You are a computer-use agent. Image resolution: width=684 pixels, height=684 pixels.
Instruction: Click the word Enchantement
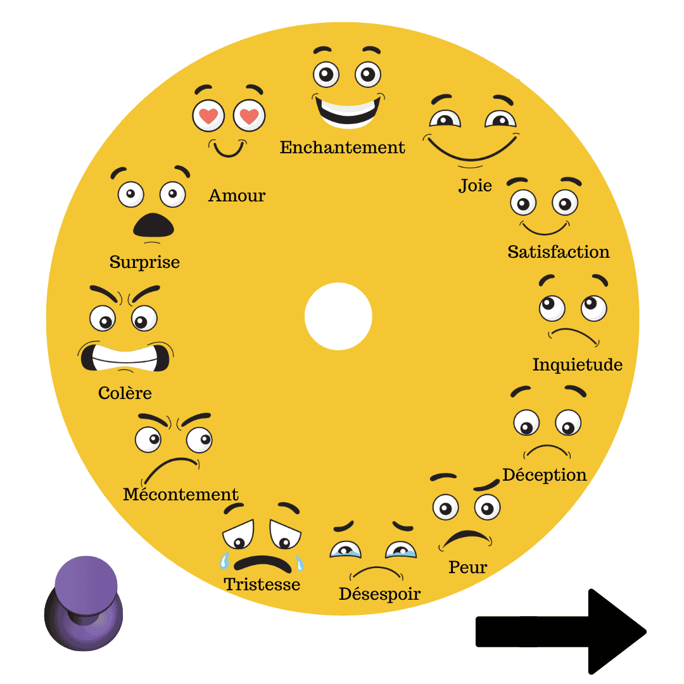click(x=342, y=148)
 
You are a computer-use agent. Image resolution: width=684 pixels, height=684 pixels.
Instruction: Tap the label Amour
click(x=237, y=196)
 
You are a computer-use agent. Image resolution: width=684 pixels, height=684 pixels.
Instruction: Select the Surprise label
click(x=144, y=262)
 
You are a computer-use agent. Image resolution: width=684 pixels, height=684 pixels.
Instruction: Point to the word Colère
click(x=125, y=393)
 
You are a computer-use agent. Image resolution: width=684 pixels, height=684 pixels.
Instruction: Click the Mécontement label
click(x=180, y=495)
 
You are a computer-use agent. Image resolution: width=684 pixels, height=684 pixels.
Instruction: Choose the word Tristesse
click(x=262, y=584)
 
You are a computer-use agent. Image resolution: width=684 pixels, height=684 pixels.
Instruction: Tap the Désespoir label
click(x=379, y=594)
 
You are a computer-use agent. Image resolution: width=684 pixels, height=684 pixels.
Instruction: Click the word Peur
click(x=467, y=567)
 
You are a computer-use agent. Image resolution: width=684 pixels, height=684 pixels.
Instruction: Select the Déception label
click(x=545, y=475)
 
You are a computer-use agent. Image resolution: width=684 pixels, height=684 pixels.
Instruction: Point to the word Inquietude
click(x=577, y=365)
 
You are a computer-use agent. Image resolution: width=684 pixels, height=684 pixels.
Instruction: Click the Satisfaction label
click(x=559, y=252)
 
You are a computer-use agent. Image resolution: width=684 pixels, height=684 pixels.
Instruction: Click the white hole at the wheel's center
click(x=338, y=316)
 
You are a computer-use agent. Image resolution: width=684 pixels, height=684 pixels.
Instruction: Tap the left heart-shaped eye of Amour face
click(x=208, y=117)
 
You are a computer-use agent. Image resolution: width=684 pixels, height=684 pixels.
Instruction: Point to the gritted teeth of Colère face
click(x=125, y=358)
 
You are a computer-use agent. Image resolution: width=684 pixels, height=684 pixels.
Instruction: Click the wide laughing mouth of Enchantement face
click(x=347, y=110)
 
